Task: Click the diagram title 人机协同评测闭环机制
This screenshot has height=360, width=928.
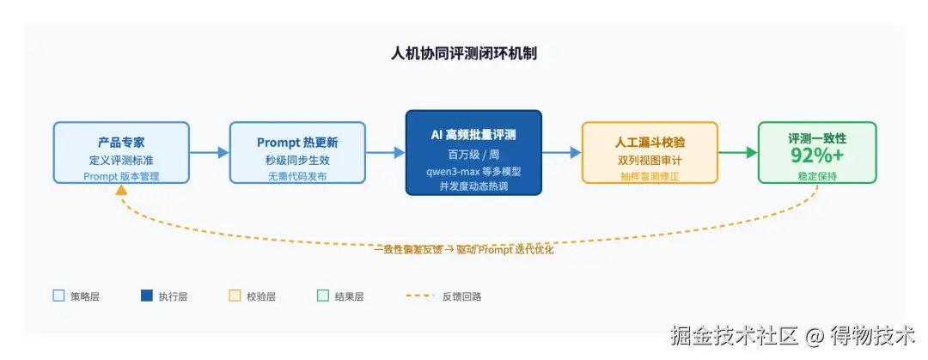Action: click(x=464, y=54)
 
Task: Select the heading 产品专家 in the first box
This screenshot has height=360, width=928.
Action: click(x=121, y=142)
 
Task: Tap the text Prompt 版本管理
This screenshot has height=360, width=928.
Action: click(x=121, y=176)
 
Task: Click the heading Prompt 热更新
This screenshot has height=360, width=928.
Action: click(x=297, y=142)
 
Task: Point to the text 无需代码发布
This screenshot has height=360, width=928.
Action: click(x=297, y=176)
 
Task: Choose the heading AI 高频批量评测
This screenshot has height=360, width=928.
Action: click(x=473, y=135)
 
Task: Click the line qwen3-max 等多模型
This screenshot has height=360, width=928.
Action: click(x=473, y=172)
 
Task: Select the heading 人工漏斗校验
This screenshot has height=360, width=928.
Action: click(x=650, y=142)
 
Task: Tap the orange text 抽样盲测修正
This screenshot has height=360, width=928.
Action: click(x=650, y=176)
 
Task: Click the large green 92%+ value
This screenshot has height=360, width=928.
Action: click(x=817, y=156)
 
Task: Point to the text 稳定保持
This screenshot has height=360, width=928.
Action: click(x=817, y=176)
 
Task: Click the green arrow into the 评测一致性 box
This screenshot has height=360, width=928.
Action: click(x=738, y=153)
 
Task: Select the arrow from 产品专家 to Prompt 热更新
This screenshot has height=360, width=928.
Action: click(x=210, y=153)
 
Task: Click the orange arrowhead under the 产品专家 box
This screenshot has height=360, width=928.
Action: click(x=121, y=190)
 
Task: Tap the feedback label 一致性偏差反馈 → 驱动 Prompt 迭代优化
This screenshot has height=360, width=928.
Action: click(x=464, y=250)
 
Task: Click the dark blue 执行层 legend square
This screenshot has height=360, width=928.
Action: click(x=147, y=296)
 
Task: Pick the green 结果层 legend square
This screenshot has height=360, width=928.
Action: click(x=323, y=296)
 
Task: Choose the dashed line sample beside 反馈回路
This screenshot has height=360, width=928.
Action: click(x=420, y=296)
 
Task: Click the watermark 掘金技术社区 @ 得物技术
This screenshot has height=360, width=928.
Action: click(x=792, y=336)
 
